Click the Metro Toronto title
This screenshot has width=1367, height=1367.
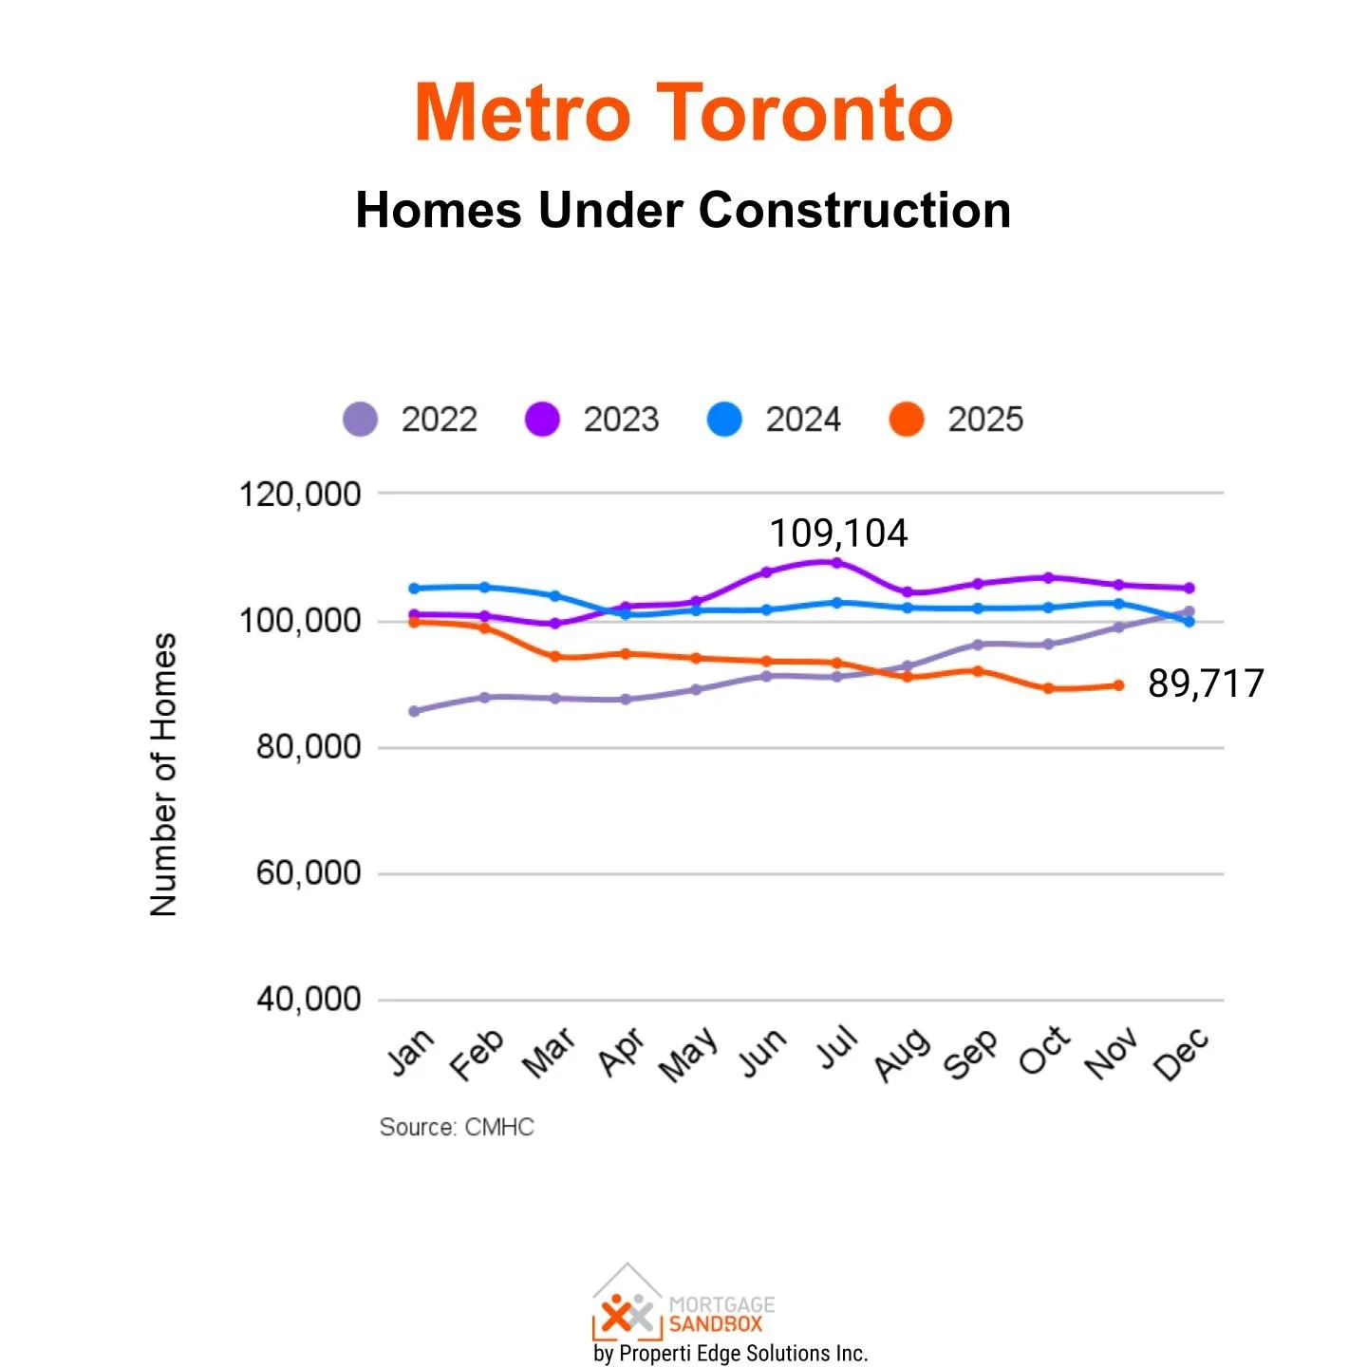click(683, 112)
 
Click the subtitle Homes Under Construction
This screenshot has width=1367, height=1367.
click(683, 210)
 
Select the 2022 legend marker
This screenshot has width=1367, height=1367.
click(360, 419)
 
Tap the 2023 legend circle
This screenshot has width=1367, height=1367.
click(542, 419)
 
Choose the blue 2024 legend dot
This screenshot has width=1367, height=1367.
click(724, 419)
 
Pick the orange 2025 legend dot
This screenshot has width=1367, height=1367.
click(907, 419)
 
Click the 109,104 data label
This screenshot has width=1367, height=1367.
click(838, 534)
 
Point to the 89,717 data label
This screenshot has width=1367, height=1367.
click(1206, 683)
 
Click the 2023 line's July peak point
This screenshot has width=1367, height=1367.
click(836, 563)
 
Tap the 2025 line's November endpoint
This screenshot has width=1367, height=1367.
click(1119, 685)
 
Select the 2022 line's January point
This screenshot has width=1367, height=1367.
click(414, 711)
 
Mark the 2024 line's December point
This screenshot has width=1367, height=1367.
click(1189, 621)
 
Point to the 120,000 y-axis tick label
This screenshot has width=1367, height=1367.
click(300, 495)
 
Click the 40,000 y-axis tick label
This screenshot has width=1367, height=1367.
click(309, 999)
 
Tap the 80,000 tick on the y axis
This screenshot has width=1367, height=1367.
click(309, 747)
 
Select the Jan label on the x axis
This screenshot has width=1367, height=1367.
click(411, 1052)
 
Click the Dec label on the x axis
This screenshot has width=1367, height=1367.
click(1181, 1054)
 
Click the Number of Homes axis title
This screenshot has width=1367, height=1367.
click(163, 775)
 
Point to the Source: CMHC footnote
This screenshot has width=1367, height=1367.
click(457, 1127)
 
